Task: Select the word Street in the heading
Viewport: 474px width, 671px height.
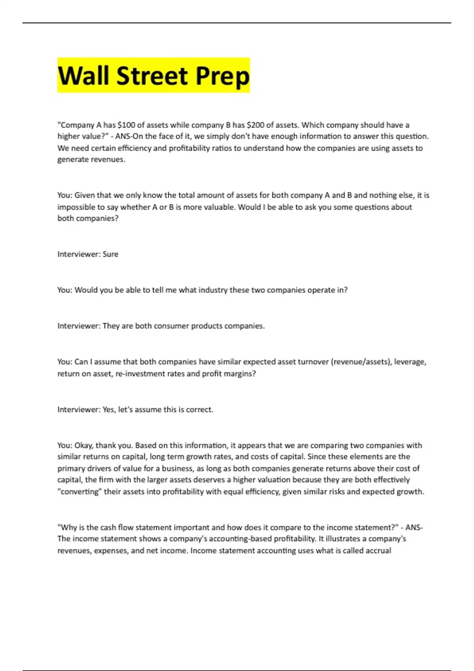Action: (152, 76)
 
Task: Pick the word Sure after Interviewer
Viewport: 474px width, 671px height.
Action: (110, 254)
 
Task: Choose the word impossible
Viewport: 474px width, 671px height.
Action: (76, 207)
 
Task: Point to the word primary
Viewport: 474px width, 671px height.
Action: (71, 469)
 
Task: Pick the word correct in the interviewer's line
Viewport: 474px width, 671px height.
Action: (199, 410)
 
